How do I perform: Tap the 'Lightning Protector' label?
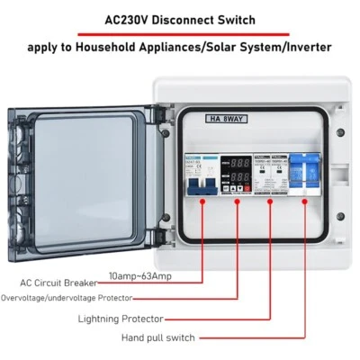point(119,319)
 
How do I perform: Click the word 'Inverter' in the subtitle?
point(305,47)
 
